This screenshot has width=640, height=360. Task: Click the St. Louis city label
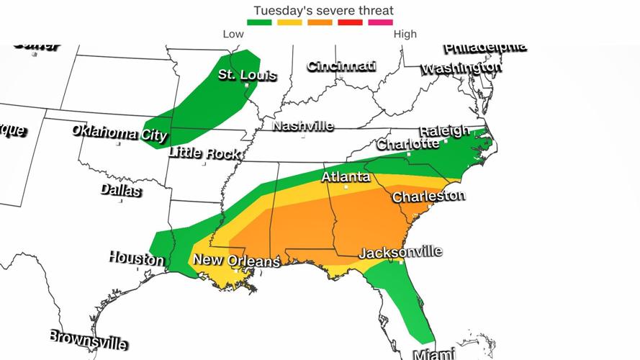(x=247, y=75)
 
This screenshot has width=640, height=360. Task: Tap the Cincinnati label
(x=341, y=66)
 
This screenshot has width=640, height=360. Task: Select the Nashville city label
(x=303, y=126)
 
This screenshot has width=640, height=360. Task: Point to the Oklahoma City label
(x=119, y=133)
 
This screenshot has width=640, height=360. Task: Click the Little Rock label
(x=204, y=153)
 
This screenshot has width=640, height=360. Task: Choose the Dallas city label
(x=120, y=191)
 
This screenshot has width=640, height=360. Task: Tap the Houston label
(x=136, y=258)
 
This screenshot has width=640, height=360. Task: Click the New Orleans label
(x=235, y=261)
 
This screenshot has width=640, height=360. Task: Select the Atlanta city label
(x=346, y=177)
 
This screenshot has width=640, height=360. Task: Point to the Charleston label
(x=428, y=196)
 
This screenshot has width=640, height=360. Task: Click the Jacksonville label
(x=400, y=253)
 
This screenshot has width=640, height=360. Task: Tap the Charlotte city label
(x=408, y=144)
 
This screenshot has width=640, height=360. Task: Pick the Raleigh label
(x=444, y=131)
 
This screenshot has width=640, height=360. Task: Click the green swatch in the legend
(x=259, y=22)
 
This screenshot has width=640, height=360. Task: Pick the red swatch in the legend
(x=351, y=22)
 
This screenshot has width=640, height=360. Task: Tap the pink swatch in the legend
(x=381, y=22)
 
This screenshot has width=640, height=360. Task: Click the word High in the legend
(x=405, y=34)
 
